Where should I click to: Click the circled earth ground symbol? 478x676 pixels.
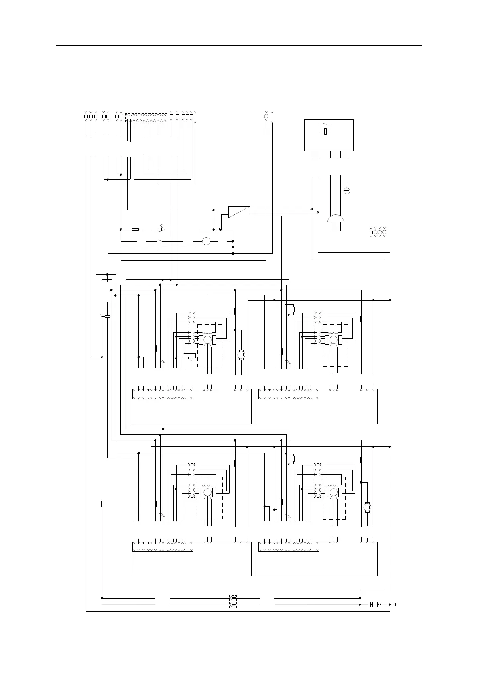tap(347, 191)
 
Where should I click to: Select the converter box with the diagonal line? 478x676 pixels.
tap(239, 212)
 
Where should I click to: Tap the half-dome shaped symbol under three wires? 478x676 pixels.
tap(336, 218)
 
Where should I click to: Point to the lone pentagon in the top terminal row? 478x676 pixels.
tap(266, 116)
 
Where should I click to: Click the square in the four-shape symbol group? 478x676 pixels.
tap(371, 232)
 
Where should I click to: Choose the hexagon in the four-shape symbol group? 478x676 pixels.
tap(376, 232)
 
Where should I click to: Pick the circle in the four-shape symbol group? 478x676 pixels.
tap(384, 232)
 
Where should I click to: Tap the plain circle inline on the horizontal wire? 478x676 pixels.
tap(206, 241)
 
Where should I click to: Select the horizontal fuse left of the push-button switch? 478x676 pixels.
tap(135, 230)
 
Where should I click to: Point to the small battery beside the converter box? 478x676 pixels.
tap(217, 230)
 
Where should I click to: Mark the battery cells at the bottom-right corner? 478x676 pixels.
tap(375, 605)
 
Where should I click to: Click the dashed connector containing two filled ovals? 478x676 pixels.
tap(233, 601)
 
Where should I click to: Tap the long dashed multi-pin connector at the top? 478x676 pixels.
tap(146, 118)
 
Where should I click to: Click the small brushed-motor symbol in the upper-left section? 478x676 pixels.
tap(241, 354)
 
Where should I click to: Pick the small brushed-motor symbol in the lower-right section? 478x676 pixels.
tap(367, 507)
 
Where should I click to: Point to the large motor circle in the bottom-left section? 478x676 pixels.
tap(207, 492)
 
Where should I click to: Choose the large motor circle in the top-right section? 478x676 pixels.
tap(334, 340)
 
